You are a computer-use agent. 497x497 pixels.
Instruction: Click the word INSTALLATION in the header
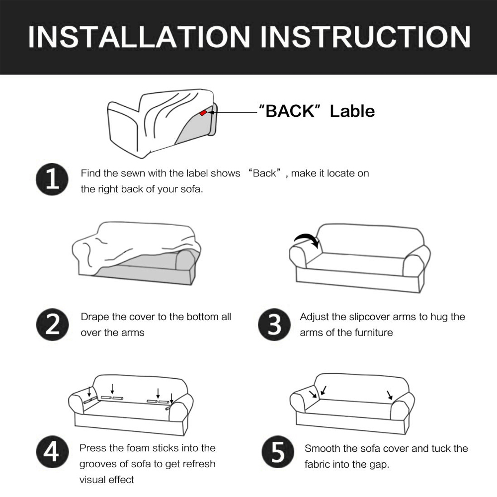click(139, 37)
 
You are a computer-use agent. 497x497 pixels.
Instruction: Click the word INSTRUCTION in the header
click(365, 37)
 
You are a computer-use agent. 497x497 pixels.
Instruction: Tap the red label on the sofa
click(203, 113)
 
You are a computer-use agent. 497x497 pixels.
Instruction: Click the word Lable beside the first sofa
click(352, 111)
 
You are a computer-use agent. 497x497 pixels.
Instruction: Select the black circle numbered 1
click(52, 179)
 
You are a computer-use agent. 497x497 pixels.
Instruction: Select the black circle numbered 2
click(52, 325)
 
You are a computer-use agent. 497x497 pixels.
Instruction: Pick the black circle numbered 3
click(274, 325)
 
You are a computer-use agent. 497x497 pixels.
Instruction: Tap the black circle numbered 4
click(52, 452)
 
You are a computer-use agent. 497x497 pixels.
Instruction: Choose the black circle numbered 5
click(278, 452)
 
